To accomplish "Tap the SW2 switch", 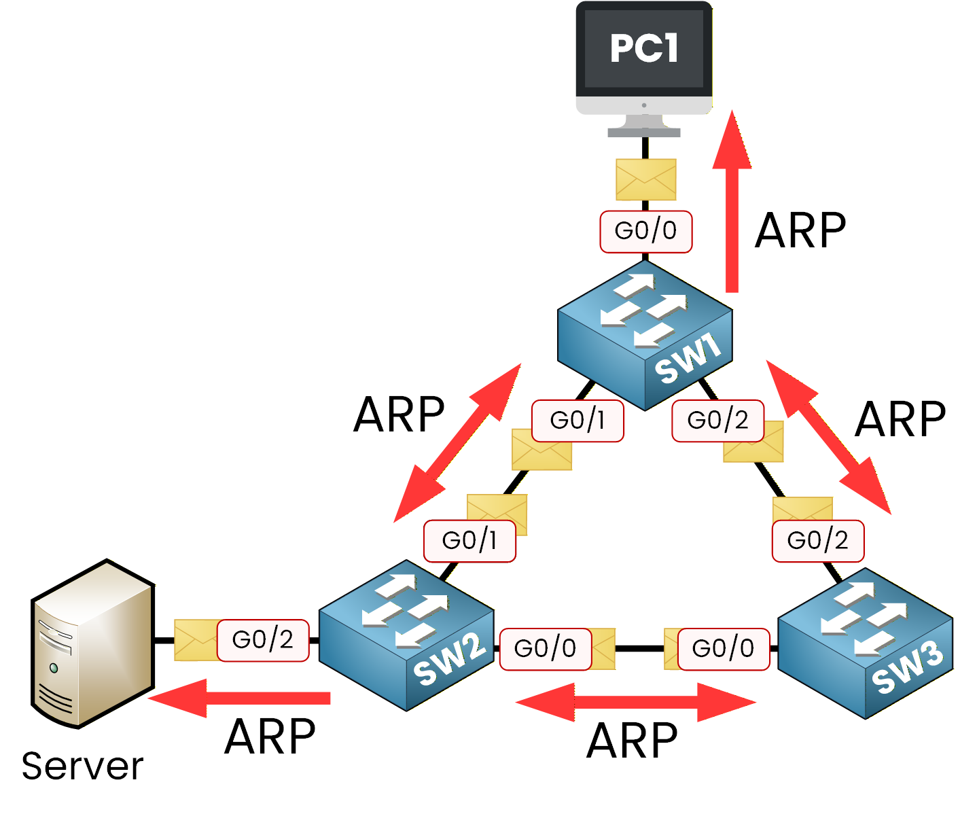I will tap(406, 635).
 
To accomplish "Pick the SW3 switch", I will tap(865, 643).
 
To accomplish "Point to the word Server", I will tap(82, 766).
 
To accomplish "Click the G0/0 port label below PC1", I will tap(645, 231).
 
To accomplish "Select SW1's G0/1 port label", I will tap(578, 421).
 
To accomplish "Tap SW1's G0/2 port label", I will tap(717, 421).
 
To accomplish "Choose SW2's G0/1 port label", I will tap(469, 541).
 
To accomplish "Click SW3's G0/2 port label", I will tap(817, 541).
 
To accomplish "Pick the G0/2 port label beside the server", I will tap(263, 640).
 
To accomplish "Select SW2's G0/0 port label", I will tap(545, 649).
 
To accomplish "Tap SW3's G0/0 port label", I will tap(723, 649).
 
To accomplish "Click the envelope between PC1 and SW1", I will tap(645, 179).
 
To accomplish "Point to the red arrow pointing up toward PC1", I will tap(732, 204).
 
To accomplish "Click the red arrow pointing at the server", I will tap(238, 698).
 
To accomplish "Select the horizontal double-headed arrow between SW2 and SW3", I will tap(635, 703).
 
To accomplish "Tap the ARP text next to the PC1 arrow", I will tap(800, 231).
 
